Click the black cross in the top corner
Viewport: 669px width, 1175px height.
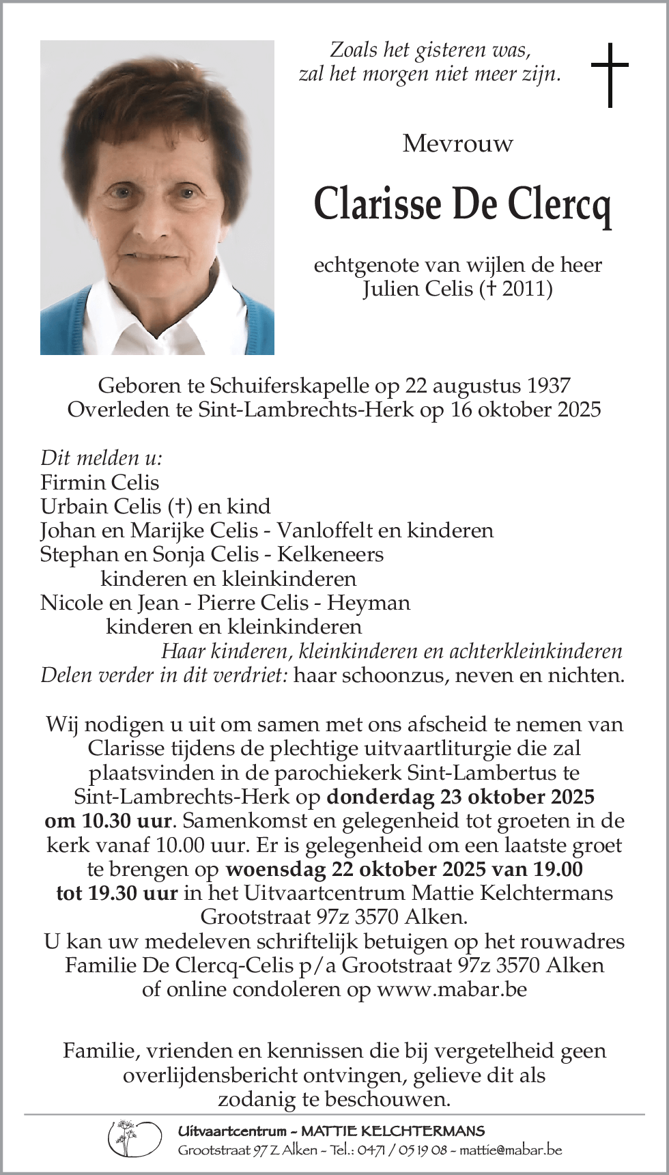609,74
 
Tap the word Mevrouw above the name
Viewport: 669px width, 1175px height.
457,143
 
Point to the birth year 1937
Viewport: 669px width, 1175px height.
549,386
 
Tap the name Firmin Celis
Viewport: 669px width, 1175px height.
100,483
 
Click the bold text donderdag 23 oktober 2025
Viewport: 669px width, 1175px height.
461,797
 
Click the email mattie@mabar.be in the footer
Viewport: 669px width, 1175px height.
511,1150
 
